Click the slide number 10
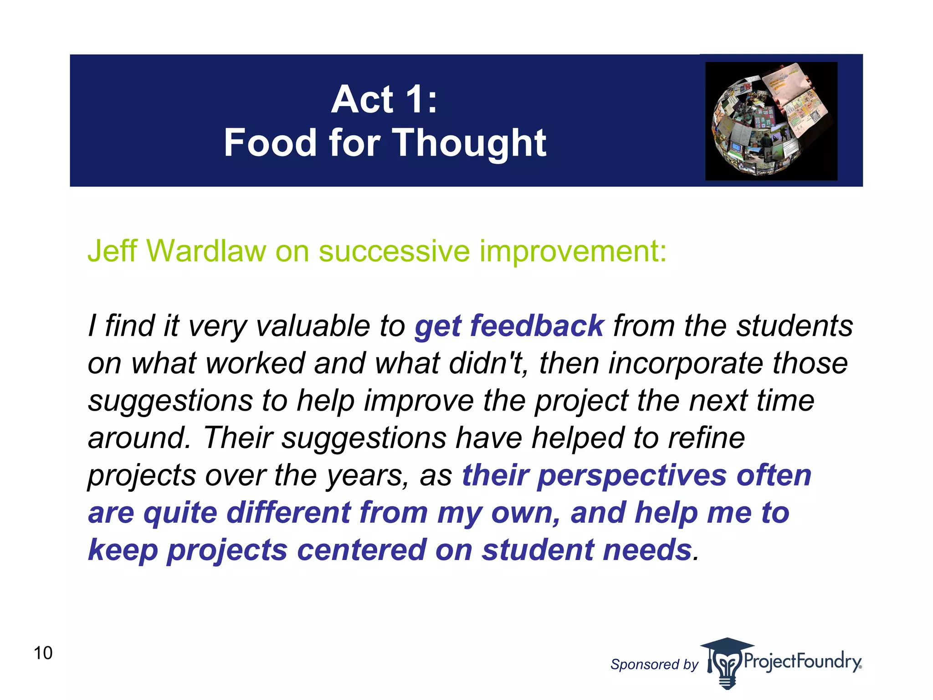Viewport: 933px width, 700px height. click(43, 653)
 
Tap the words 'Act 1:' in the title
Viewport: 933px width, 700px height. click(384, 99)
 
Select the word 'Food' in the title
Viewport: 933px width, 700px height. click(270, 143)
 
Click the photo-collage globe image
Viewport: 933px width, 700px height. click(771, 121)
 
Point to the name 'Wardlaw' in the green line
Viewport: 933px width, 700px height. click(206, 251)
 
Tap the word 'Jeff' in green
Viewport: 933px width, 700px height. click(112, 251)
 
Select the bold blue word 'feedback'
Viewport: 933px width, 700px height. click(537, 326)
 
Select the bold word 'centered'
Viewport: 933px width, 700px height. click(361, 550)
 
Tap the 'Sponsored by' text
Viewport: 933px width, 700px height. click(654, 664)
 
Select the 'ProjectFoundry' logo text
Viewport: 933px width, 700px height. click(802, 661)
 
